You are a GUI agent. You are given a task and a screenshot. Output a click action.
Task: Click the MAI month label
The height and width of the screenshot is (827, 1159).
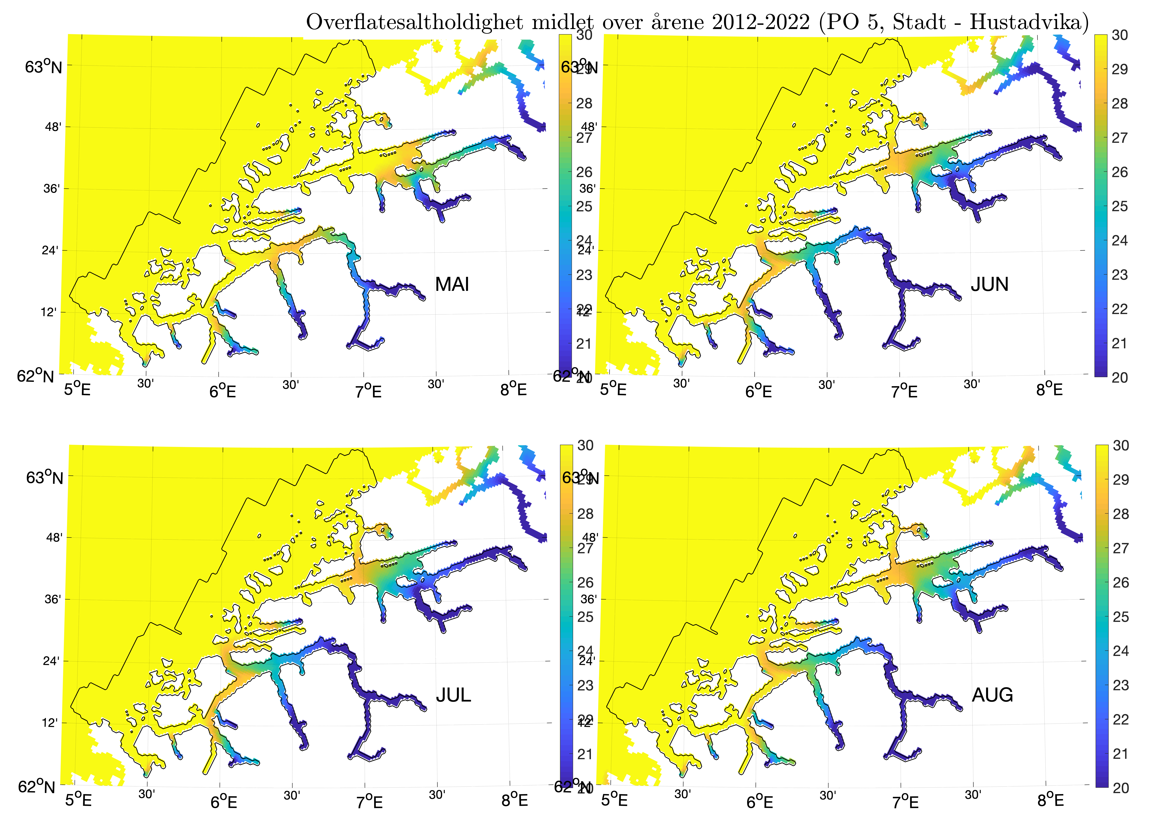click(452, 284)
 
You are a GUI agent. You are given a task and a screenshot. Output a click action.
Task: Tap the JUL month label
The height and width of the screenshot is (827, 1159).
click(453, 695)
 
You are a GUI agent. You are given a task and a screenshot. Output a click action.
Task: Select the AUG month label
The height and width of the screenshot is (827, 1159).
click(992, 695)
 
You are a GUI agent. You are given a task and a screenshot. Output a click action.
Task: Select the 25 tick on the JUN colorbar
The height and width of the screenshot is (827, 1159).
click(1119, 206)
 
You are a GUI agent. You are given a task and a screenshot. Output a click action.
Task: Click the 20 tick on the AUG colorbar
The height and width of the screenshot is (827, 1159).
click(1120, 788)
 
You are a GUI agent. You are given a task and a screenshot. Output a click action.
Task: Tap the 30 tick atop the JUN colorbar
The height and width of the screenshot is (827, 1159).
click(1119, 35)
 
